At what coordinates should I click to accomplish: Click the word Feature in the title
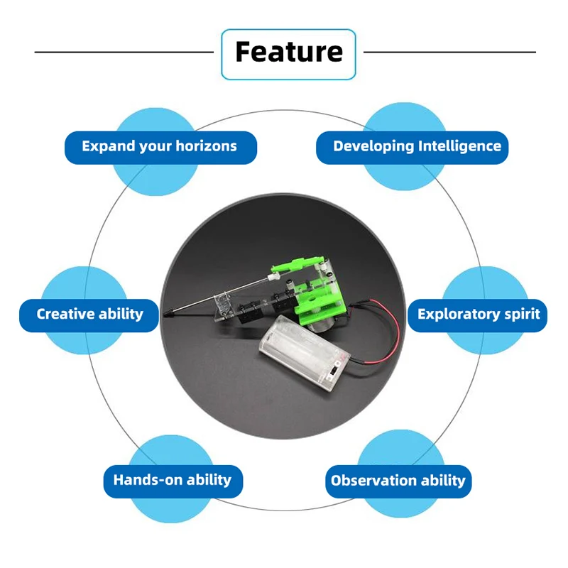point(289,52)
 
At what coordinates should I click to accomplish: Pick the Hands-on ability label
point(173,481)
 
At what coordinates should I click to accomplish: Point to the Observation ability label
point(398,481)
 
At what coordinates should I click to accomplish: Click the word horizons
point(206,146)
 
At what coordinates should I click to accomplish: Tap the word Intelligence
point(459,146)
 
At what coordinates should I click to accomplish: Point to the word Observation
point(373,481)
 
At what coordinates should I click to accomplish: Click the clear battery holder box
point(305,352)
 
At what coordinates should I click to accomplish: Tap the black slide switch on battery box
point(333,371)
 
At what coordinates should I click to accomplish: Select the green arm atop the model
point(297,263)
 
